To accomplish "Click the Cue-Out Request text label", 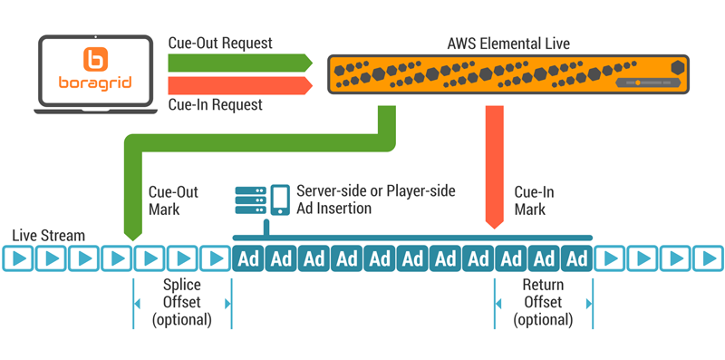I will click(220, 43).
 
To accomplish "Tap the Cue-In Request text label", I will click(216, 105).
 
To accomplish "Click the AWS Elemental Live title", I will click(508, 44).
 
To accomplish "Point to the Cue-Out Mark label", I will click(172, 200).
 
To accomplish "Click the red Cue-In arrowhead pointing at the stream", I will click(495, 219).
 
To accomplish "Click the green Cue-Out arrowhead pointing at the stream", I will click(132, 234).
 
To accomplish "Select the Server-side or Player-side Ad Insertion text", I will click(375, 199).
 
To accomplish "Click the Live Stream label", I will click(49, 236).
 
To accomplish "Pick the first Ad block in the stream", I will click(248, 258).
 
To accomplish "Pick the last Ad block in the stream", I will click(576, 258).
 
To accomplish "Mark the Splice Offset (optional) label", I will click(181, 302).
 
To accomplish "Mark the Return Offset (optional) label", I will click(543, 302).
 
